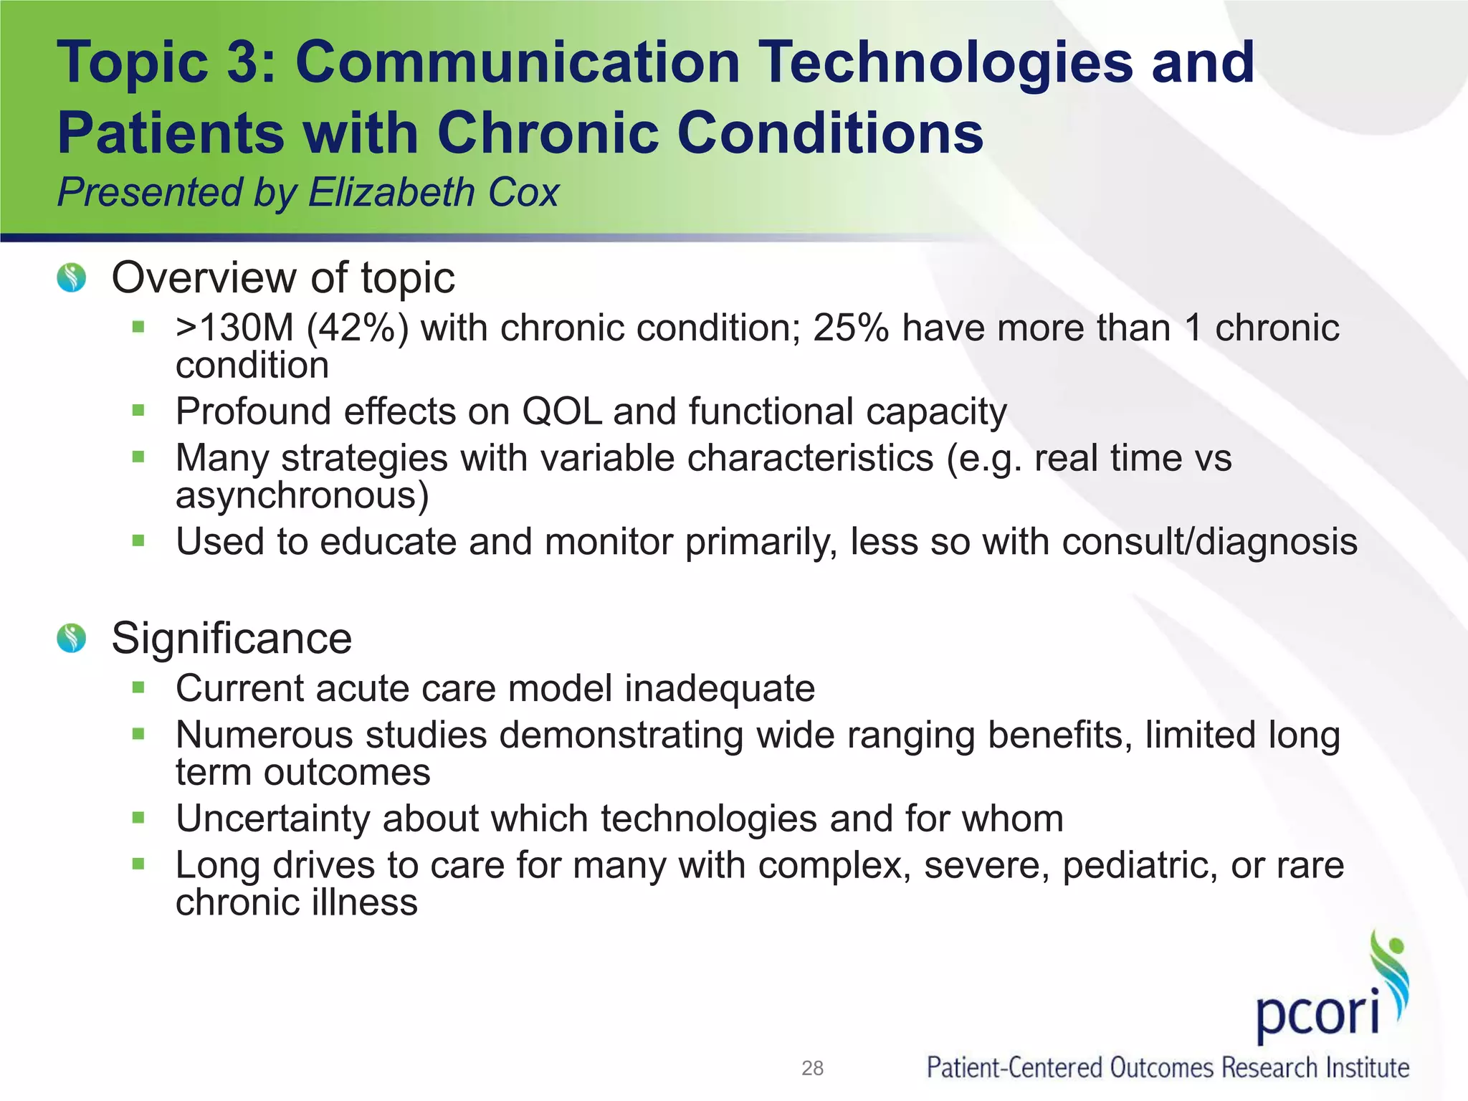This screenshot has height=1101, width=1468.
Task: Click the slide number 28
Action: [x=812, y=1069]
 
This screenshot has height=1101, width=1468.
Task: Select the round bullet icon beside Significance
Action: [x=72, y=637]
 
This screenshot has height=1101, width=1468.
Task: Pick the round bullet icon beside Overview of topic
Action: [x=72, y=277]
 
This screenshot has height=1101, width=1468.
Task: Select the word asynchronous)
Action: [x=302, y=495]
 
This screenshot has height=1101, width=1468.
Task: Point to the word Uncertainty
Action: [x=273, y=819]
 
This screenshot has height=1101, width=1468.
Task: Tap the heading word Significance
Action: [x=232, y=638]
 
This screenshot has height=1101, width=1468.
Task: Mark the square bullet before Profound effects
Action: [x=138, y=411]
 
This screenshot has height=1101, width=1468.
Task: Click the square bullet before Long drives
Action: [x=138, y=864]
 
